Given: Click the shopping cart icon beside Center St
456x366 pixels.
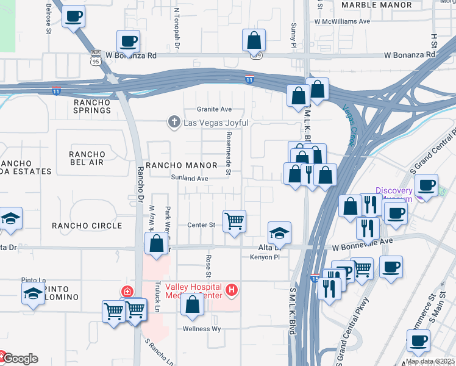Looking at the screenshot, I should [x=235, y=220].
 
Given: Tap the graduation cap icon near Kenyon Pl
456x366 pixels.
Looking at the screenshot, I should [x=279, y=232].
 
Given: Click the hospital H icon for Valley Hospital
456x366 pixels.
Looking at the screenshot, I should [x=232, y=290].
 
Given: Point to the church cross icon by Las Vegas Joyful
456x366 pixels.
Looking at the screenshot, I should [x=174, y=122].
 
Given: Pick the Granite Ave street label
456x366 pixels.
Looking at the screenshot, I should [x=218, y=109].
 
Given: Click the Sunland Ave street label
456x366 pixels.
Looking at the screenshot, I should [x=190, y=178].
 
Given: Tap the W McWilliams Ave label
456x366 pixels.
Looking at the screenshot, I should [x=343, y=21].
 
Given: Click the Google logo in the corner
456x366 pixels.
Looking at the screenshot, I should [x=20, y=359].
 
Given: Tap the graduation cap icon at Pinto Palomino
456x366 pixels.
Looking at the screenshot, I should [x=33, y=293].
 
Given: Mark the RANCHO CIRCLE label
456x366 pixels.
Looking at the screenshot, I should [x=87, y=226].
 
